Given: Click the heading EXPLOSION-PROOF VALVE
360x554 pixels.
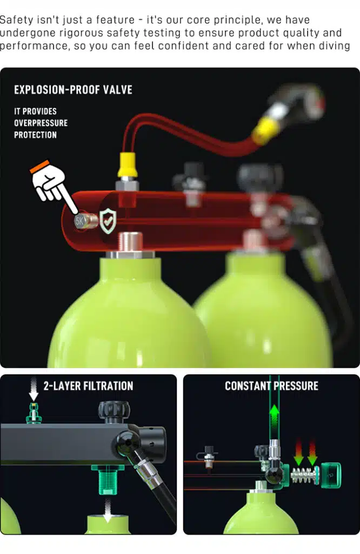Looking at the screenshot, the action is pos(73,90).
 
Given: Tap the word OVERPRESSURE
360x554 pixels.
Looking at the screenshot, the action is pos(41,123).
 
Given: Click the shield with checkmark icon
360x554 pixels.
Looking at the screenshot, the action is pos(108,221).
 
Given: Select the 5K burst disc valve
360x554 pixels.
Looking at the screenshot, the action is pos(86,221).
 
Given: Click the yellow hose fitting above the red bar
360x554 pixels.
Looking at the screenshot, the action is pos(128,164).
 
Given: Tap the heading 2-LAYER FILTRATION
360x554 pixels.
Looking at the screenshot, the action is pos(88,386).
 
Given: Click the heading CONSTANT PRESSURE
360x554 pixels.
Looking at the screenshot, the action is pos(271,386).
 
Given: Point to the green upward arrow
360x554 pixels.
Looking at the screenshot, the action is pos(275,418).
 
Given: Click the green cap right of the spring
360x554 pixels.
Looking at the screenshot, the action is pos(330,475).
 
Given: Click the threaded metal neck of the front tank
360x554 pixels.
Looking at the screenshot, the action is pos(131,242).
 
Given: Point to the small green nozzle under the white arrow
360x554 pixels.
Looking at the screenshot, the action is pos(34,413).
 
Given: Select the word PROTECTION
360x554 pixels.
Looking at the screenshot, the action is pos(35,135).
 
